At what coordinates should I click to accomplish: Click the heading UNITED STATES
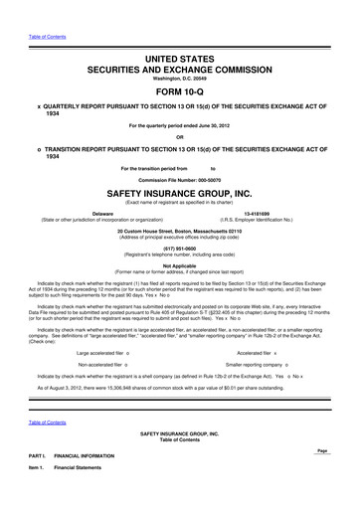179,33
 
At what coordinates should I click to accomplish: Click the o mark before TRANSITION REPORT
38,148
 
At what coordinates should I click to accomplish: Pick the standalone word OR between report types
179,135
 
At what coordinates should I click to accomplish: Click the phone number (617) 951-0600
179,250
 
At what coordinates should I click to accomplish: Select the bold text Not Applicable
179,268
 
